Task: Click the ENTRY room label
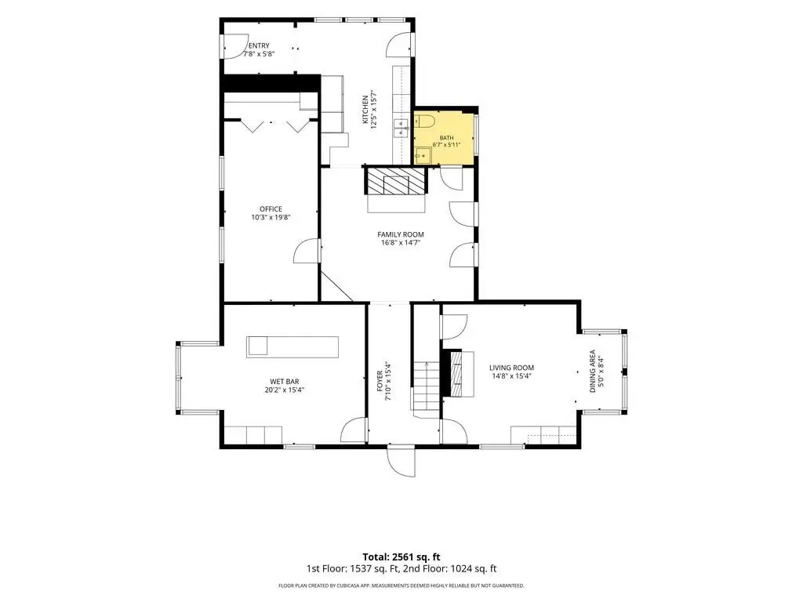[259, 45]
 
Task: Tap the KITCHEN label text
[365, 109]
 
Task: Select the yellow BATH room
[444, 138]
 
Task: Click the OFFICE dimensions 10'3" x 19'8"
[271, 217]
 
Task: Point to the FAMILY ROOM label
[401, 234]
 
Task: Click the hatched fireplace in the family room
[395, 181]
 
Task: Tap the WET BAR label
[285, 382]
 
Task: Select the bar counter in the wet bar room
[292, 346]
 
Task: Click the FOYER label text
[380, 382]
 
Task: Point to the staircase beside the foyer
[426, 385]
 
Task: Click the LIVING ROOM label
[511, 368]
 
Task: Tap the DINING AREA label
[593, 371]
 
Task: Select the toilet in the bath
[424, 121]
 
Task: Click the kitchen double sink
[401, 128]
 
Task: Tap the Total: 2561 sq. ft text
[401, 557]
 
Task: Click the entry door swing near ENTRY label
[234, 46]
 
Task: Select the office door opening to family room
[307, 252]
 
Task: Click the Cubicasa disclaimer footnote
[401, 586]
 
